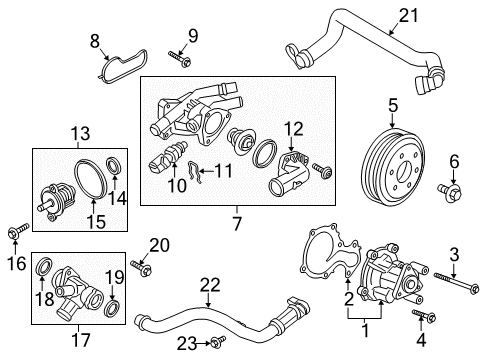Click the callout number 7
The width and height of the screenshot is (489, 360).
point(237,223)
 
